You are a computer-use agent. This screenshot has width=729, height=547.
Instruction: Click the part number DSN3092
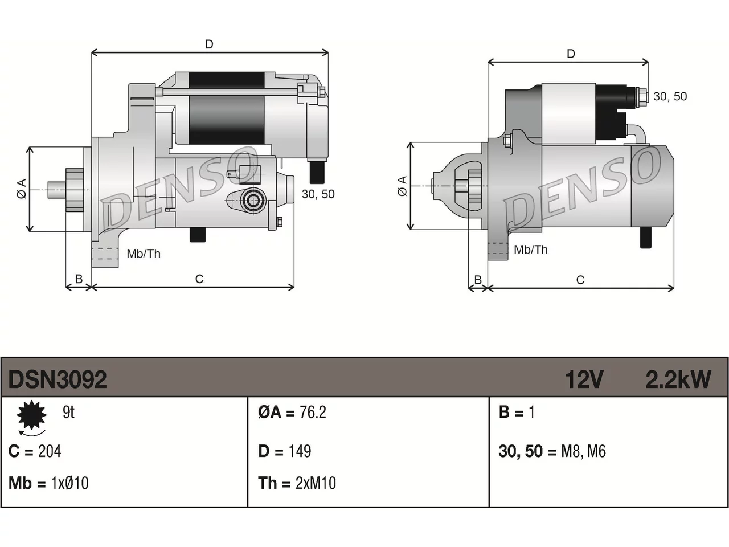point(58,379)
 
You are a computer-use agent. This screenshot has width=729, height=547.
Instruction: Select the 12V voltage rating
point(584,379)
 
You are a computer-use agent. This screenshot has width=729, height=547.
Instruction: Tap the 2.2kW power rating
point(678,379)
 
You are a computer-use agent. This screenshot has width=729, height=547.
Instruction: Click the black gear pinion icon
point(31,415)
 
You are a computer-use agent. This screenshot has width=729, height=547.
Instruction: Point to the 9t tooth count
point(69,412)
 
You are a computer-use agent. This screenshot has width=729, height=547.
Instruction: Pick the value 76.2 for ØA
point(313,412)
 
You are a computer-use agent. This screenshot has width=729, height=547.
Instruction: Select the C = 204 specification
point(35,451)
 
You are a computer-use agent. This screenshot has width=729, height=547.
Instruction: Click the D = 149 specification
point(285,451)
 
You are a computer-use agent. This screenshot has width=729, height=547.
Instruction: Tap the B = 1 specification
point(517,412)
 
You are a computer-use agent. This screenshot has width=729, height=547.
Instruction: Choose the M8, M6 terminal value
point(583,451)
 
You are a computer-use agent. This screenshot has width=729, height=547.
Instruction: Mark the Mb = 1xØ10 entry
point(48,483)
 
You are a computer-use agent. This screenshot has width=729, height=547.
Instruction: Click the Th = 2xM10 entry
point(297,483)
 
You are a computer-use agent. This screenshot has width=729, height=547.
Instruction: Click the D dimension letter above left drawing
point(209,44)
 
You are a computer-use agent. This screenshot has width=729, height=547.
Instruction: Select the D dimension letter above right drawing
point(571,54)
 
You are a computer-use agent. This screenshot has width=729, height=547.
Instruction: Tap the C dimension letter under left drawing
point(199,279)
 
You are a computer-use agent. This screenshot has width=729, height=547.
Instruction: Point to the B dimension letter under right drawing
point(478,280)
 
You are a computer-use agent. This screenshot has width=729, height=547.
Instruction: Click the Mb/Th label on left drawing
point(144,254)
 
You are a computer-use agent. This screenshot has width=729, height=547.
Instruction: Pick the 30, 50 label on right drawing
point(670,96)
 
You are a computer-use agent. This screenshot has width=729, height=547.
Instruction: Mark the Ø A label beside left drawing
point(22,189)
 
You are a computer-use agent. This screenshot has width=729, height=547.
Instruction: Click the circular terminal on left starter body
point(253,200)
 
